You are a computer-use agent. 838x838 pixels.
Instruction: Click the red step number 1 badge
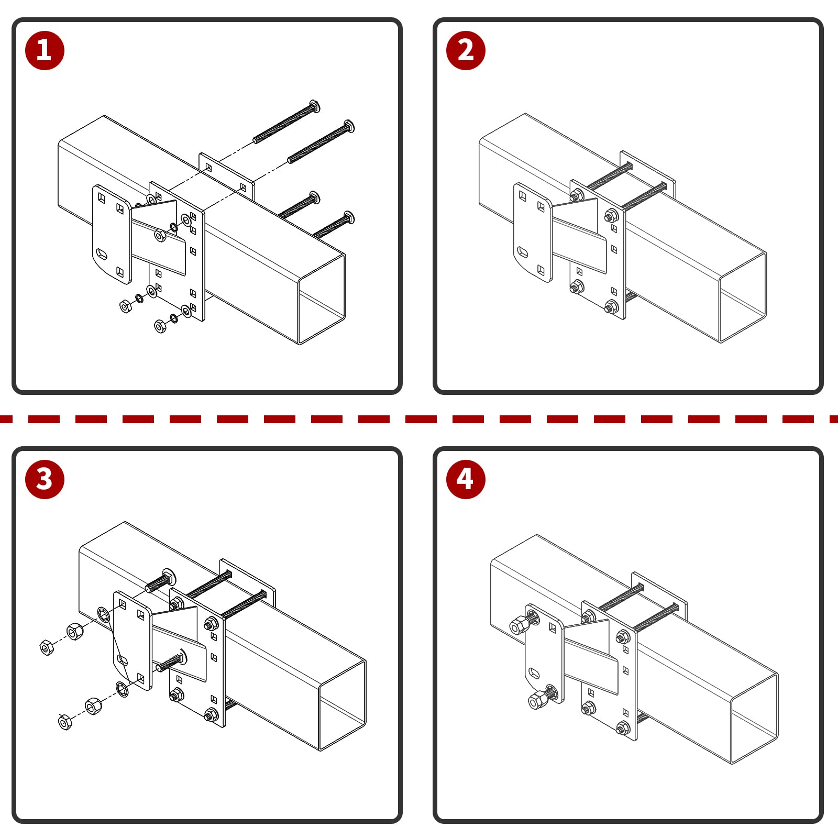click(x=45, y=50)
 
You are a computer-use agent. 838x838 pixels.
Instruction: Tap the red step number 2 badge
click(x=466, y=50)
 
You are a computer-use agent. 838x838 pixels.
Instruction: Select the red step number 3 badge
click(x=45, y=479)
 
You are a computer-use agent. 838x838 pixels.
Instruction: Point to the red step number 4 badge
click(x=466, y=479)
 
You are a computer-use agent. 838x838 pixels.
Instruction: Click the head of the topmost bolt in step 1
click(x=314, y=106)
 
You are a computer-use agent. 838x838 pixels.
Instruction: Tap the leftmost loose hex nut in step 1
click(x=126, y=306)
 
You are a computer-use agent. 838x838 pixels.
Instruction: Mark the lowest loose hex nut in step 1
click(x=160, y=326)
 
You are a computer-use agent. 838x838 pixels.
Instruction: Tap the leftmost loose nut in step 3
click(x=47, y=647)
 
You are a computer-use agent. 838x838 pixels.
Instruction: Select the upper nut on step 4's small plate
click(x=519, y=625)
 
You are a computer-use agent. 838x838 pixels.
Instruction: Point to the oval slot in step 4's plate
click(x=534, y=672)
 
